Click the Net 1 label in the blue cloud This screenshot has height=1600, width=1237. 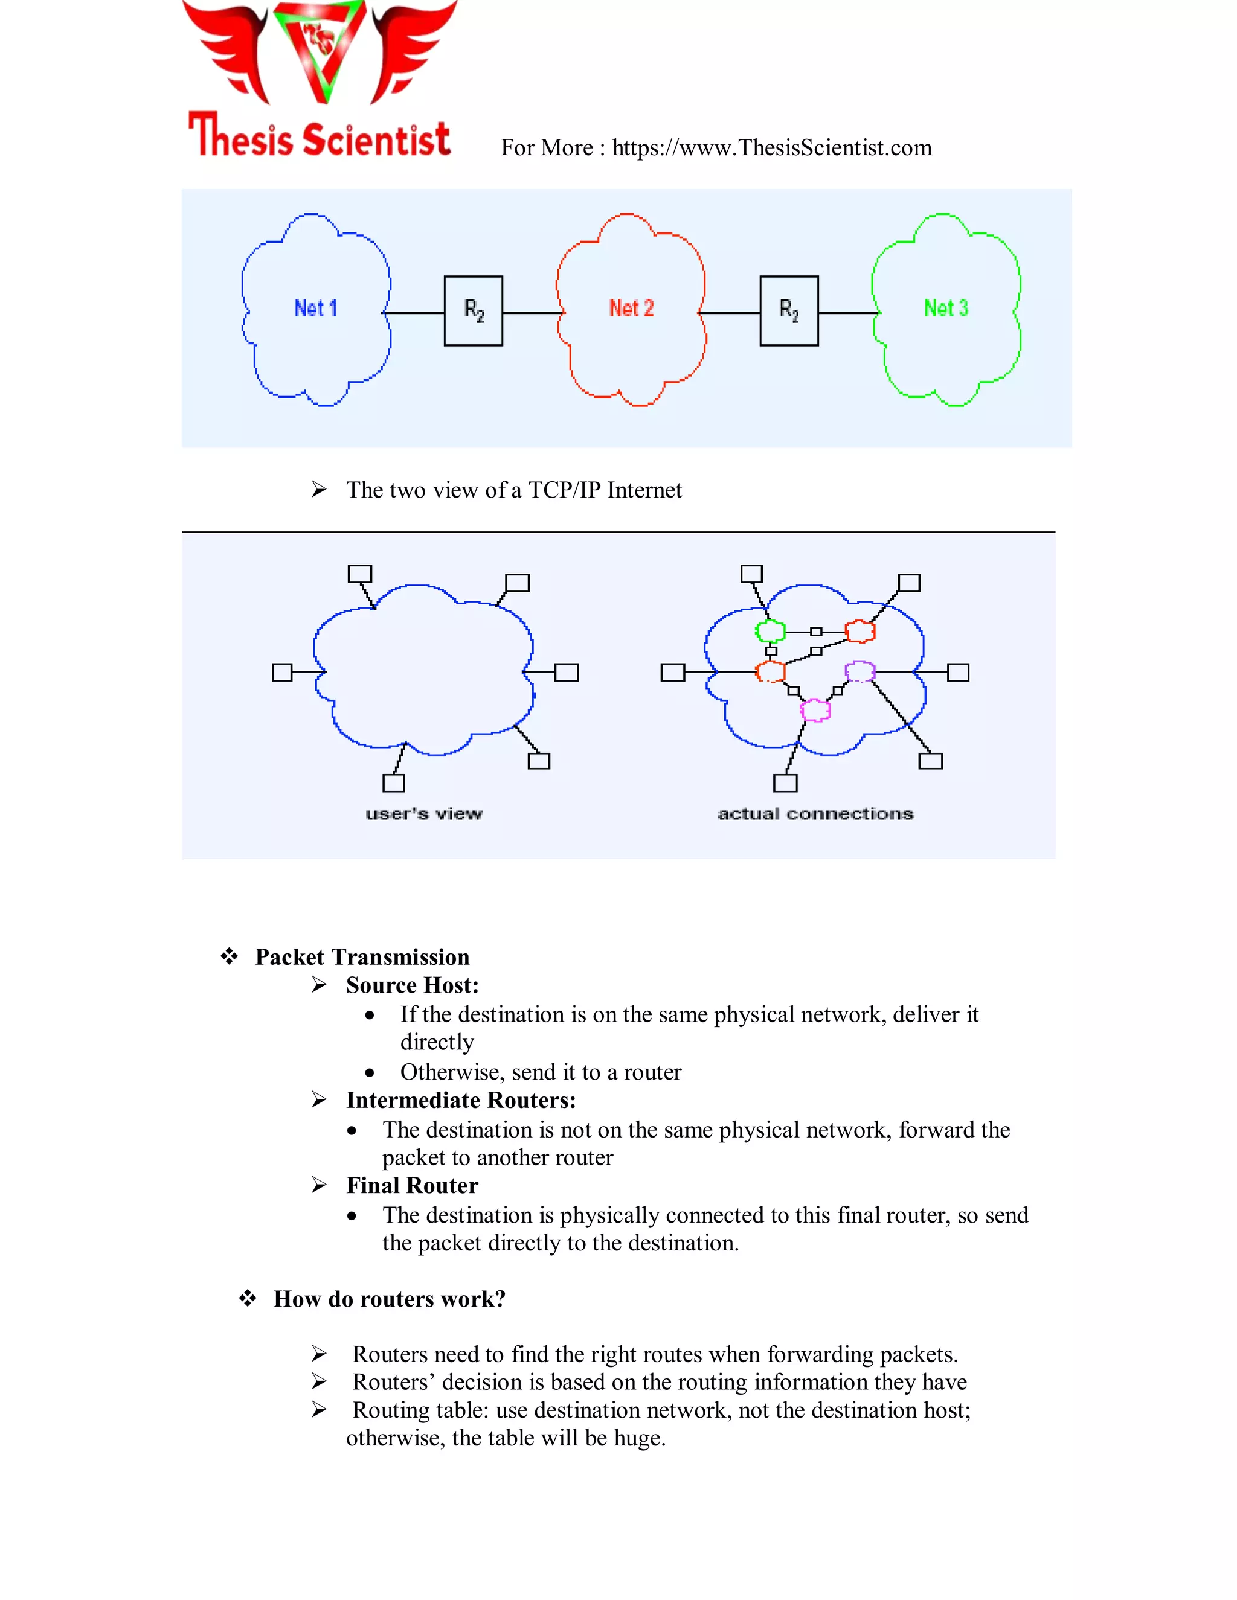(x=316, y=309)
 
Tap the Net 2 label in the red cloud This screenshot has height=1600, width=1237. (x=631, y=309)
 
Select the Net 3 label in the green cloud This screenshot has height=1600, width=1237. (x=945, y=309)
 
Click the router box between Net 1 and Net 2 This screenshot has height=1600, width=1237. (x=474, y=310)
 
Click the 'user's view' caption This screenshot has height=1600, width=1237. (x=423, y=814)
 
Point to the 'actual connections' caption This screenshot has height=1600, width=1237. (x=815, y=814)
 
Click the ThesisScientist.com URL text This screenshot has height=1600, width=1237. (x=772, y=148)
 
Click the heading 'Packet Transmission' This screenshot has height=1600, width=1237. (x=362, y=957)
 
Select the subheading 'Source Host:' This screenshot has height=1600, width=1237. (x=412, y=985)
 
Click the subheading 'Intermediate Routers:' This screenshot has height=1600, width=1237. (x=461, y=1100)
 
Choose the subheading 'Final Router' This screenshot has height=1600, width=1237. (x=412, y=1185)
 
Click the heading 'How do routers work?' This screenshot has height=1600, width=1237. (x=389, y=1299)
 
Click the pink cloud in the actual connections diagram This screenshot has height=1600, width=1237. (x=814, y=709)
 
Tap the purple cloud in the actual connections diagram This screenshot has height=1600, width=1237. (x=859, y=670)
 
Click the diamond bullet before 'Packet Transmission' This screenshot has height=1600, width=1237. (x=230, y=956)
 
